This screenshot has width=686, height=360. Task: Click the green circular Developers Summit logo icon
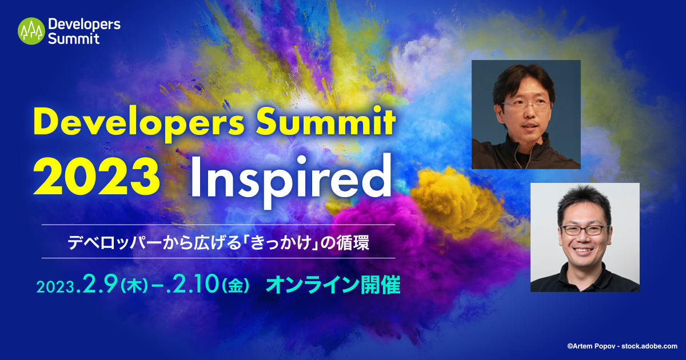pos(31,31)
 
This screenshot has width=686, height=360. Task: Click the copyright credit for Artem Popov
pos(621,346)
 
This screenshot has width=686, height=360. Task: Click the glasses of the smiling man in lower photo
pos(584,230)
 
